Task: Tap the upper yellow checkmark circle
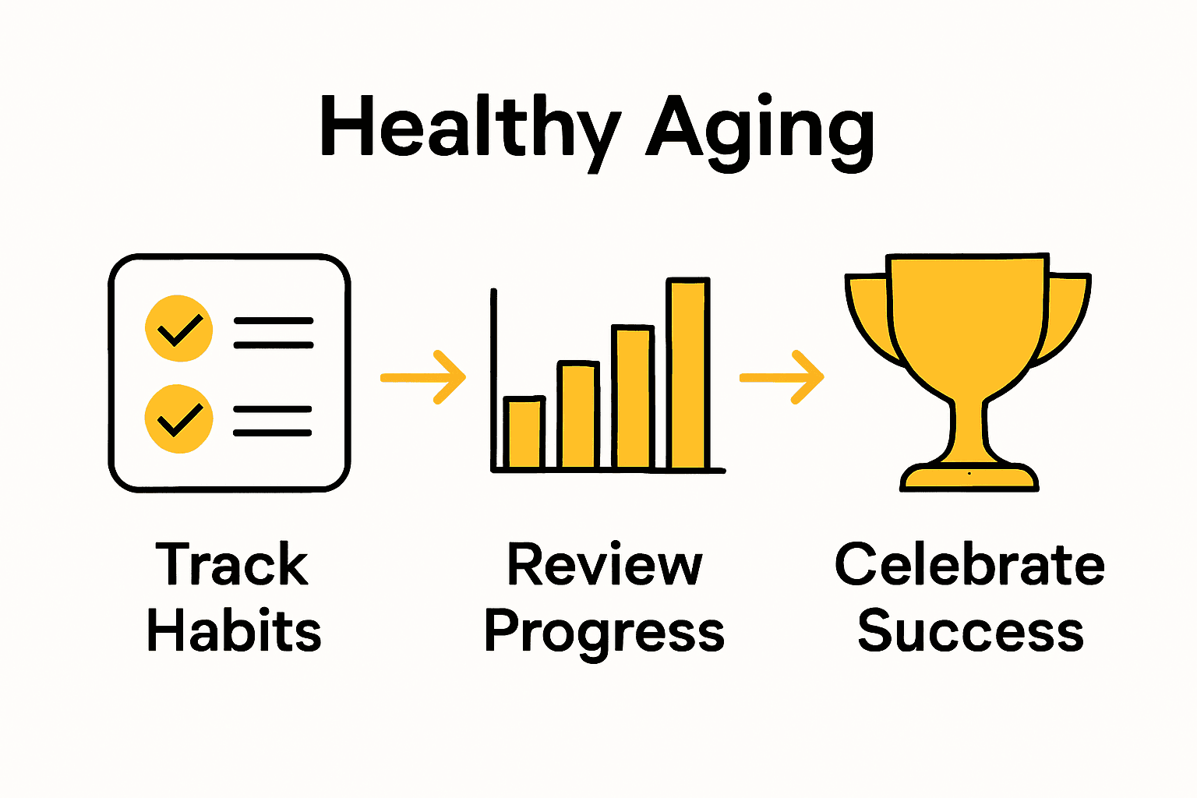[179, 328]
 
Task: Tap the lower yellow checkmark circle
[179, 418]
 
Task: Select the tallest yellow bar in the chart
[688, 374]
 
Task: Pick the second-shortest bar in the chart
[578, 415]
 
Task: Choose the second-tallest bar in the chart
[633, 397]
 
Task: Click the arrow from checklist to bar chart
[423, 377]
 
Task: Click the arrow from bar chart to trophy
[782, 377]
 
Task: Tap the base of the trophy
[969, 478]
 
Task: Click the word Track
[232, 564]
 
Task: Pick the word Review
[605, 564]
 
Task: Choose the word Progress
[605, 631]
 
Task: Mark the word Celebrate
[969, 564]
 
